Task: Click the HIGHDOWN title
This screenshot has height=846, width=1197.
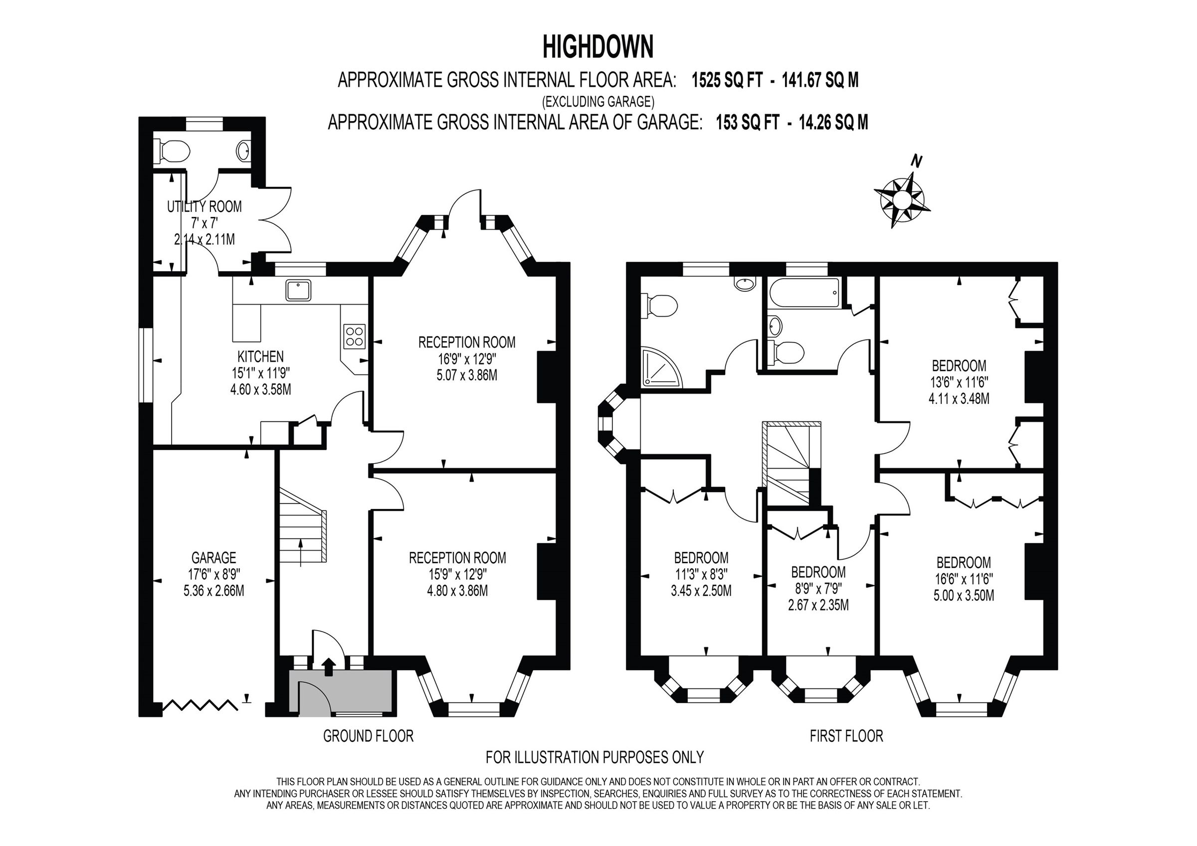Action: pyautogui.click(x=598, y=46)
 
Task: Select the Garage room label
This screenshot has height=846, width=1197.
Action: pyautogui.click(x=213, y=558)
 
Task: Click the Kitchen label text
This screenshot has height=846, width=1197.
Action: pyautogui.click(x=260, y=356)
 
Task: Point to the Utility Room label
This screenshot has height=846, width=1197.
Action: pyautogui.click(x=204, y=206)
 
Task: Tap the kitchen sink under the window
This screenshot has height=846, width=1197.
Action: pyautogui.click(x=298, y=290)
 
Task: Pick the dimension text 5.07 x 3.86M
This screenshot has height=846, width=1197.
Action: pyautogui.click(x=467, y=375)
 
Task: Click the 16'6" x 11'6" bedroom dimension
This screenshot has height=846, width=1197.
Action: pyautogui.click(x=964, y=579)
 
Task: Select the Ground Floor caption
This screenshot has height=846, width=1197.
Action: pyautogui.click(x=368, y=736)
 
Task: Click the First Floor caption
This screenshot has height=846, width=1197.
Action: pyautogui.click(x=846, y=736)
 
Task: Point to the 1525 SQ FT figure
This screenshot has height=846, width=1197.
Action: pyautogui.click(x=727, y=80)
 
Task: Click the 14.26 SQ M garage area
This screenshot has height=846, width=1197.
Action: pyautogui.click(x=833, y=123)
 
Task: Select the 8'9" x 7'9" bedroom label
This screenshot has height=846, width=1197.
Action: pyautogui.click(x=818, y=588)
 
